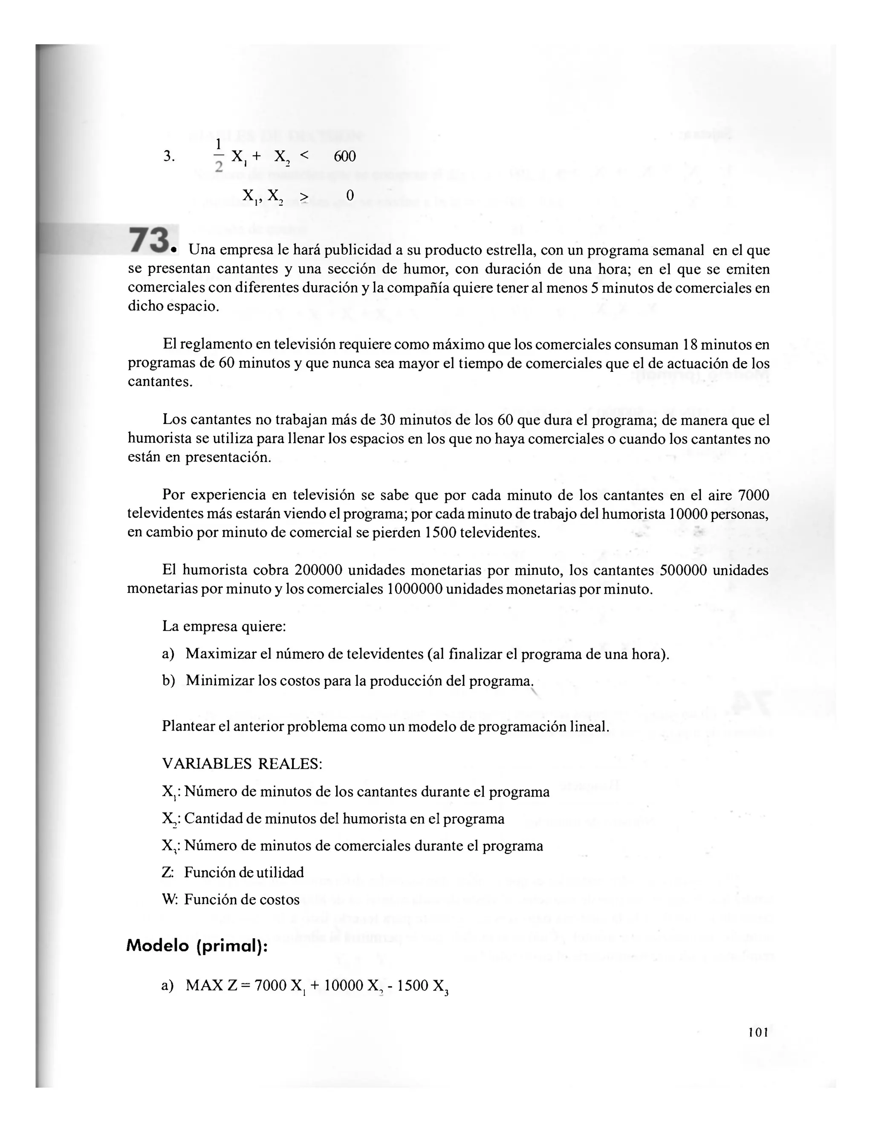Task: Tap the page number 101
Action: (x=758, y=1032)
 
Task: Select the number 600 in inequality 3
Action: (x=344, y=156)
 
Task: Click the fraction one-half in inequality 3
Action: (x=218, y=155)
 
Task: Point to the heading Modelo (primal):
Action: (x=197, y=945)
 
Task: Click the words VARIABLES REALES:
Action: (x=242, y=764)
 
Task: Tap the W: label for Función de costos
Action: (x=170, y=899)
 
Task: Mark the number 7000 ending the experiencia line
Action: (x=754, y=495)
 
